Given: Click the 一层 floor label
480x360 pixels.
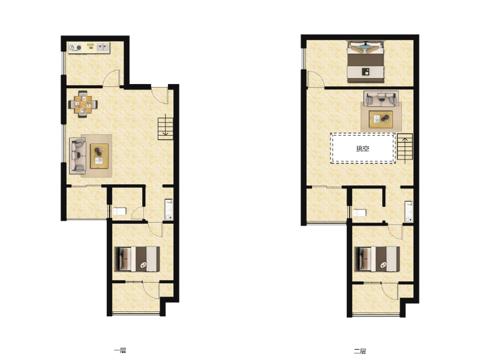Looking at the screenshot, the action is click(119, 350).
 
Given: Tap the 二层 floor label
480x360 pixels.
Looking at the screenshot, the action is click(360, 351).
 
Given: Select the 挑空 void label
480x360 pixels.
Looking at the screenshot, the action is click(362, 149).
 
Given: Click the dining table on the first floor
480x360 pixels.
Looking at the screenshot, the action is click(83, 104).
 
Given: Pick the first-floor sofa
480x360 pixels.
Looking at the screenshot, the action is click(77, 156).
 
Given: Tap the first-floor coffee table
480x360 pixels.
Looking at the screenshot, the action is click(99, 156).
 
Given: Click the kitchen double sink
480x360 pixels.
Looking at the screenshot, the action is click(103, 47).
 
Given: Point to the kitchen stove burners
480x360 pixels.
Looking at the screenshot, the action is click(75, 47).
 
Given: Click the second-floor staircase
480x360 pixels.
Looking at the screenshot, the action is click(404, 148).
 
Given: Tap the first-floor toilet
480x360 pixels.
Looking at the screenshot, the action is click(119, 211).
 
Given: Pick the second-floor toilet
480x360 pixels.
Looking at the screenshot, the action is click(359, 212).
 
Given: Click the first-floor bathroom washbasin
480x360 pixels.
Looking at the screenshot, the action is click(169, 209).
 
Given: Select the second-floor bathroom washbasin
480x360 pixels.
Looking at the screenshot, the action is click(409, 211).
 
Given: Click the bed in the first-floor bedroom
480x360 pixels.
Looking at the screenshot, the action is click(137, 259).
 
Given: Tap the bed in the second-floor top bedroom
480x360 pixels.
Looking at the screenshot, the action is click(365, 62).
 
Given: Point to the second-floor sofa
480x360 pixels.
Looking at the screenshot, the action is click(381, 98).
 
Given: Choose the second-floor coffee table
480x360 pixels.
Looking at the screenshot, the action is click(381, 119).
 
